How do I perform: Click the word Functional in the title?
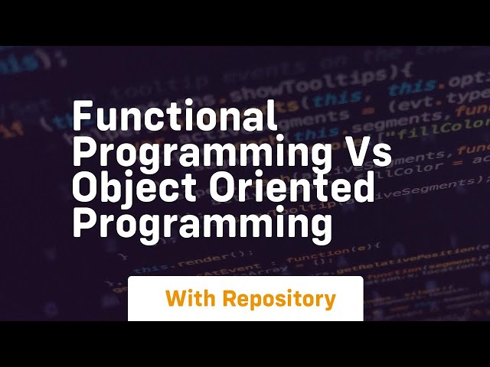tap(175, 119)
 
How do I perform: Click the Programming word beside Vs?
tap(202, 153)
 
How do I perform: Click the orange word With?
tap(190, 298)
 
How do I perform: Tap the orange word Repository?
tap(279, 299)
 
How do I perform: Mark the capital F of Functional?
tap(82, 119)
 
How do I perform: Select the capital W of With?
tap(175, 298)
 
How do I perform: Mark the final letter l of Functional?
tap(273, 119)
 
